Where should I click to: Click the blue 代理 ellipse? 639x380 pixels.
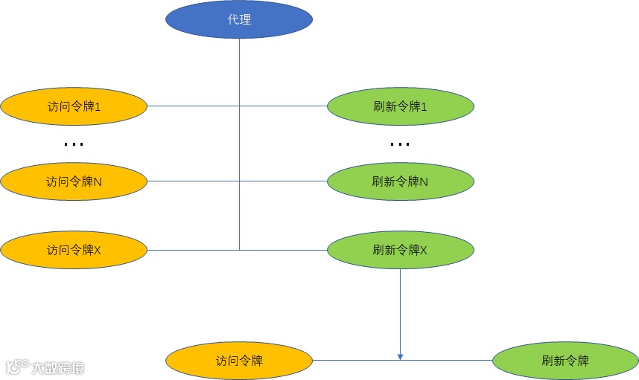(x=239, y=20)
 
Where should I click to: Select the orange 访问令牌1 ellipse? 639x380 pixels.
(x=74, y=107)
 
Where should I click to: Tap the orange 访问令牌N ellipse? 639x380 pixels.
(x=74, y=181)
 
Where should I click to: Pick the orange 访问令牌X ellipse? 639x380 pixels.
(x=74, y=250)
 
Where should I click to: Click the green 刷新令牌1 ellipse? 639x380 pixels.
(x=401, y=107)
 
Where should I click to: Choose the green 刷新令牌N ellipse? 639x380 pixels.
(x=401, y=181)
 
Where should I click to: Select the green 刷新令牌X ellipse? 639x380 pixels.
(x=401, y=250)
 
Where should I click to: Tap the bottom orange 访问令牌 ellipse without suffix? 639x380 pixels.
(x=239, y=361)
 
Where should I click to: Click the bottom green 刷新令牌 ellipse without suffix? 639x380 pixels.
(x=565, y=361)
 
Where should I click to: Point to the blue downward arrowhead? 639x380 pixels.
(x=400, y=357)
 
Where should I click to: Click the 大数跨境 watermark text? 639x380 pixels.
(x=57, y=367)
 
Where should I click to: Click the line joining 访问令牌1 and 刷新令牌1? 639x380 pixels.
(x=194, y=107)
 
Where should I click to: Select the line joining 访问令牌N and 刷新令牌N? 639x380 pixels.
(x=194, y=181)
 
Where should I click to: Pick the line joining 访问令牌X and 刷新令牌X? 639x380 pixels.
(x=194, y=250)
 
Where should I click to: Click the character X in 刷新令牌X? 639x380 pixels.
(x=424, y=251)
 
